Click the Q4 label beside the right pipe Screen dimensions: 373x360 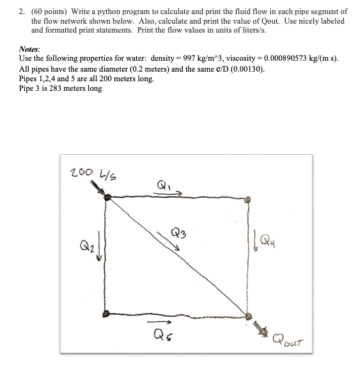point(269,242)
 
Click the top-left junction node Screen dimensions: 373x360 point(106,198)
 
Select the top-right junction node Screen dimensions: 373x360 point(249,200)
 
